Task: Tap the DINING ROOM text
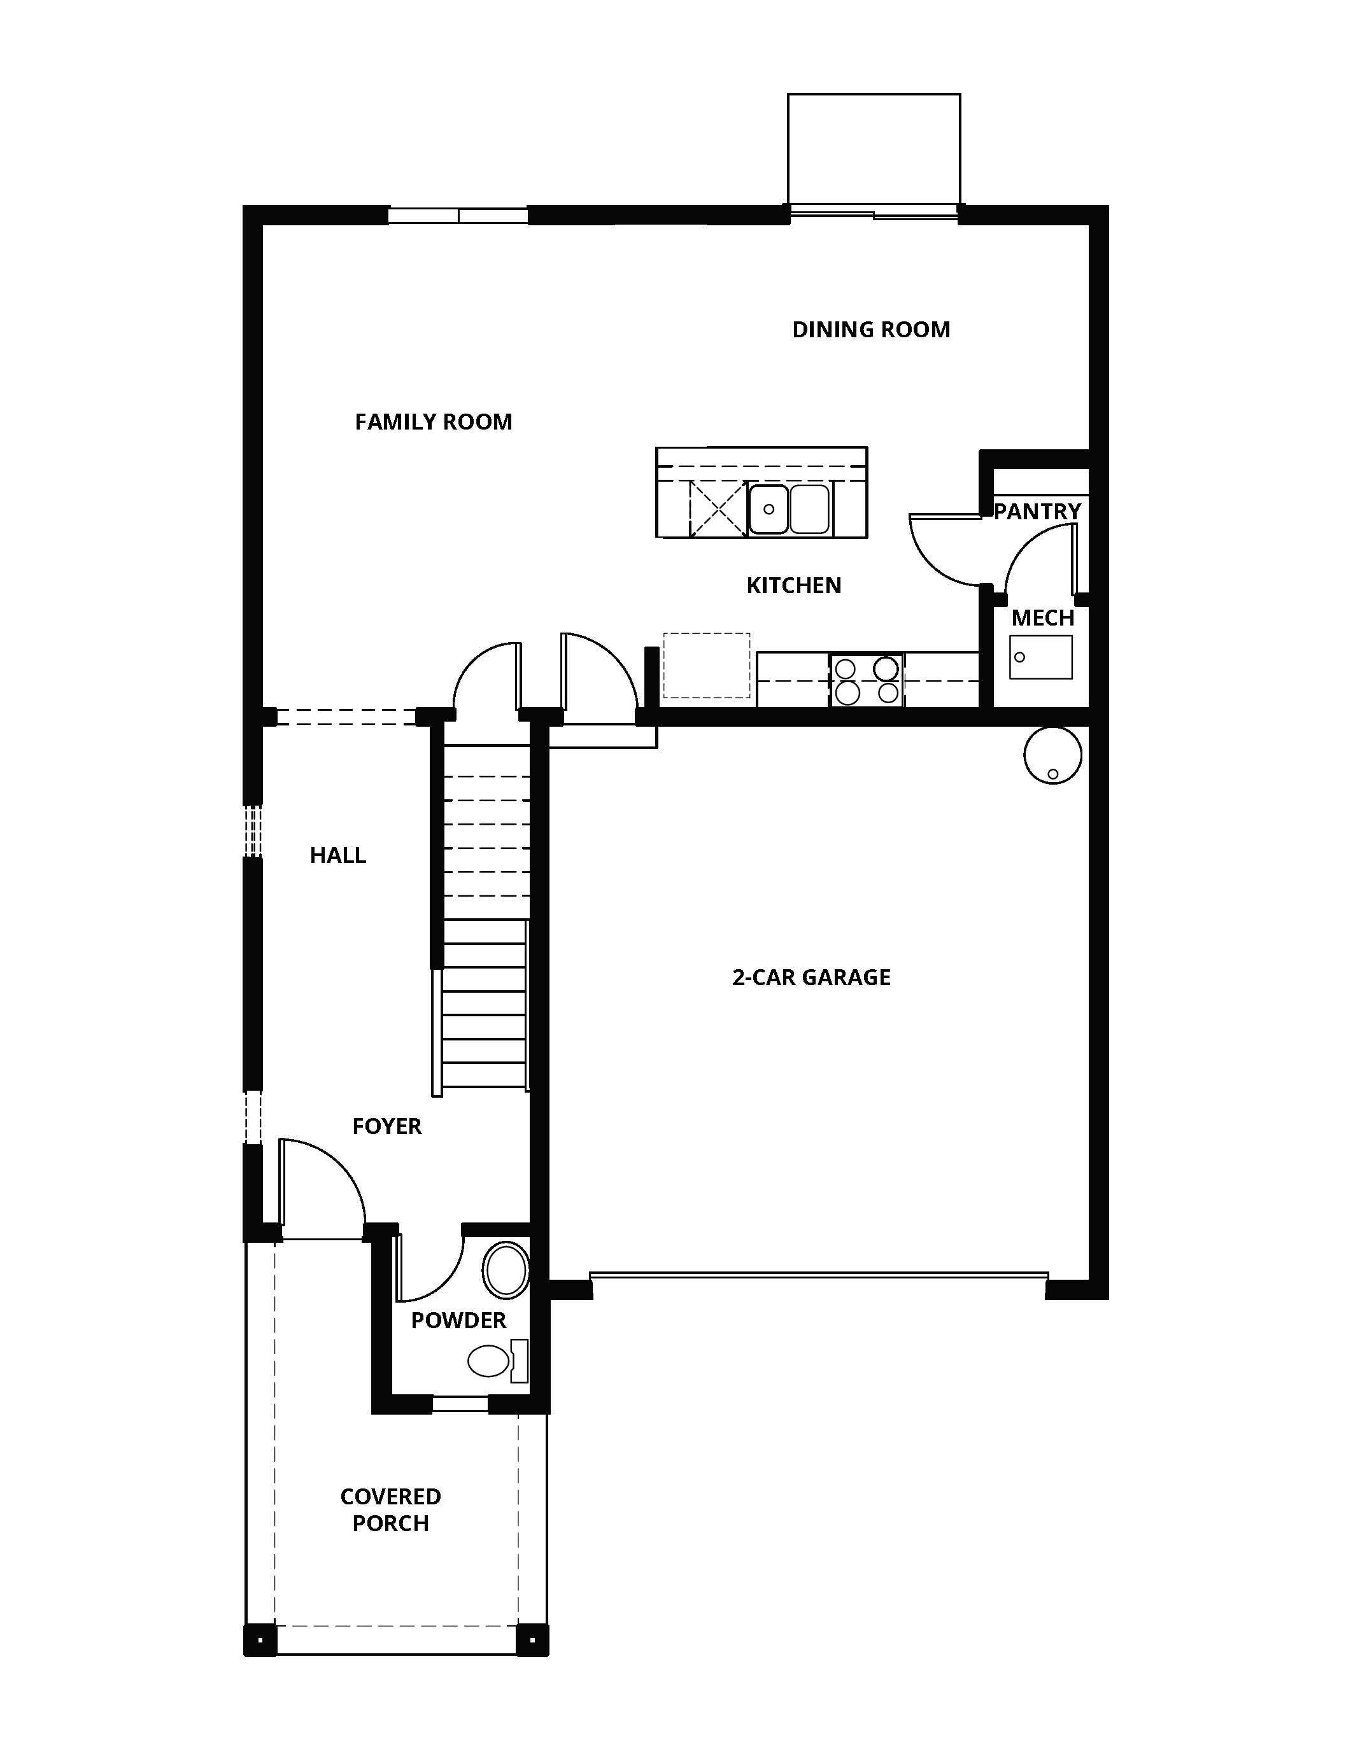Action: click(870, 330)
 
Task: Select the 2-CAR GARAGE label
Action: click(811, 977)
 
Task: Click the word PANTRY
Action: click(1037, 511)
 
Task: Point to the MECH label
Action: click(1042, 618)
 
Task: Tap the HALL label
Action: click(337, 855)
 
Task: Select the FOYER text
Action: click(386, 1126)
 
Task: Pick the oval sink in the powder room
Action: click(506, 1270)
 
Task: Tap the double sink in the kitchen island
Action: click(789, 509)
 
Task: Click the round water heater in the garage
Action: click(1052, 755)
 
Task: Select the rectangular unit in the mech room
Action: click(1040, 657)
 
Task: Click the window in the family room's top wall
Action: click(458, 214)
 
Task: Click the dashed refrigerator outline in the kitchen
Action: click(706, 665)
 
